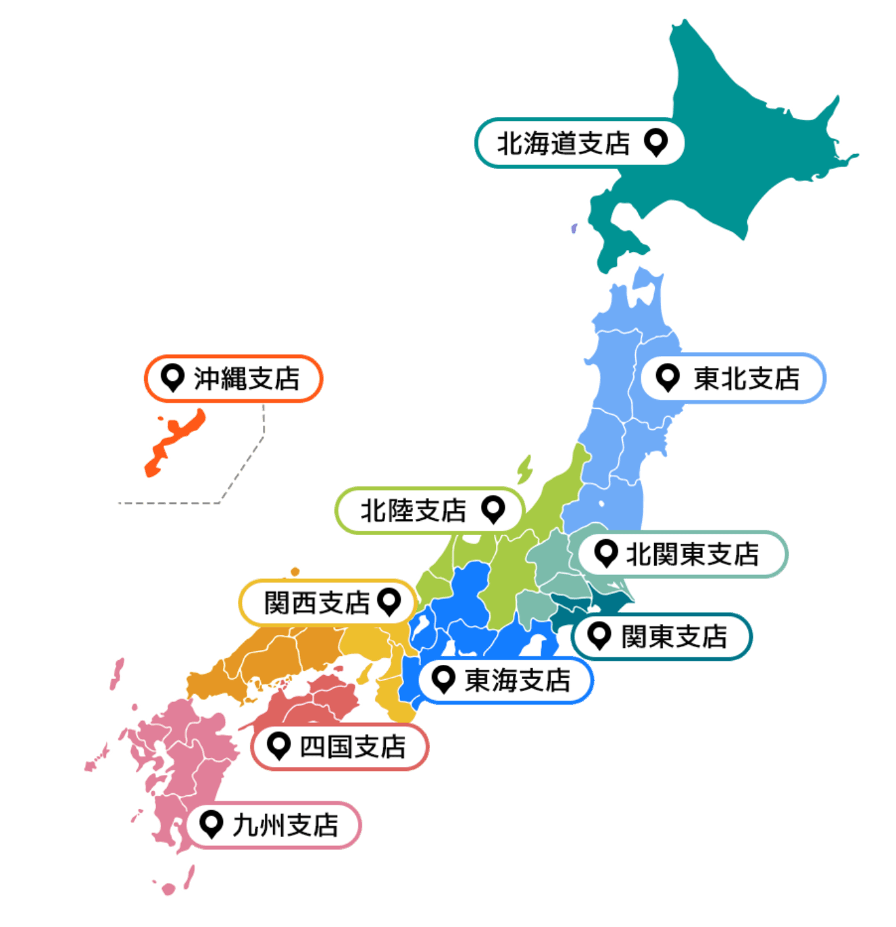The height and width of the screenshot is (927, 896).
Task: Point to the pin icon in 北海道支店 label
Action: click(655, 142)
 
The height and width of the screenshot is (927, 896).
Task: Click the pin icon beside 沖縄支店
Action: click(173, 378)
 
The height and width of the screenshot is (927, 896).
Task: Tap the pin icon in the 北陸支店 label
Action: click(493, 509)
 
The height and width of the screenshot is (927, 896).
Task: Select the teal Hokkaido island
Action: click(730, 149)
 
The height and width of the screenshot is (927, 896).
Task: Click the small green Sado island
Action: click(524, 469)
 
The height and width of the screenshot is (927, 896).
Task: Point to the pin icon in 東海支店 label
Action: click(443, 680)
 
